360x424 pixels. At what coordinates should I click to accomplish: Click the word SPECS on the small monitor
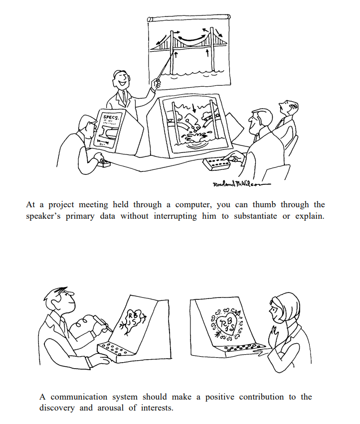pyautogui.click(x=111, y=118)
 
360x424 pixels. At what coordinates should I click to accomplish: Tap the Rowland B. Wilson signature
pyautogui.click(x=241, y=184)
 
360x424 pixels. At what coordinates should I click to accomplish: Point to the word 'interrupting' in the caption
pyautogui.click(x=175, y=216)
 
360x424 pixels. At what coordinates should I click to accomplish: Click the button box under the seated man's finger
pyautogui.click(x=216, y=163)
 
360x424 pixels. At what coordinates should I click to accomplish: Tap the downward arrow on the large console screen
pyautogui.click(x=194, y=108)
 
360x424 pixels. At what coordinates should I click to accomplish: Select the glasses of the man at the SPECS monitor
pyautogui.click(x=93, y=125)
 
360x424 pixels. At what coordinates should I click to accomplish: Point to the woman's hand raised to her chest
pyautogui.click(x=274, y=335)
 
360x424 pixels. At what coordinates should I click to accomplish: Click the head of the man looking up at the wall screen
pyautogui.click(x=288, y=106)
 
